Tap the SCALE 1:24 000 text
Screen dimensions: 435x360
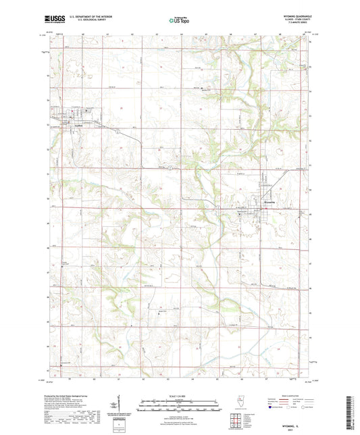coord(180,396)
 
